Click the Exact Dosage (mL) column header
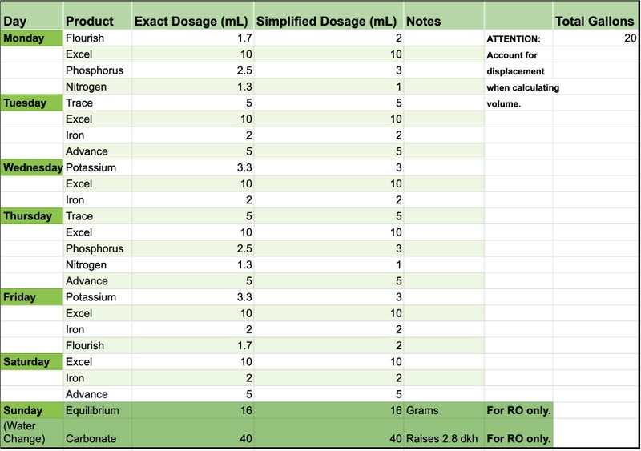tap(191, 22)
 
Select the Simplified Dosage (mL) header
tap(326, 22)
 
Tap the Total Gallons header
tap(595, 22)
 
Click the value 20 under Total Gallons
tap(630, 38)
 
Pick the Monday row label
tap(24, 38)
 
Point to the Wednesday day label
tap(33, 167)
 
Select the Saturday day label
tap(26, 362)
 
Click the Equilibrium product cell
tap(92, 410)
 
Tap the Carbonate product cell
tap(91, 439)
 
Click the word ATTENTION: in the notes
tap(514, 38)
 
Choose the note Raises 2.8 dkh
tap(442, 439)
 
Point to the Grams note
tap(422, 410)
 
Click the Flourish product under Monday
tap(85, 38)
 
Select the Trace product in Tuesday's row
tap(79, 103)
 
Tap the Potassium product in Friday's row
tap(91, 297)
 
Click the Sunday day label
tap(23, 410)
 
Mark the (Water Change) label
tap(24, 433)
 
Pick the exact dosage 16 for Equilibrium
tap(246, 410)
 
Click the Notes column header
tap(424, 22)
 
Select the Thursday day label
tap(28, 216)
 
